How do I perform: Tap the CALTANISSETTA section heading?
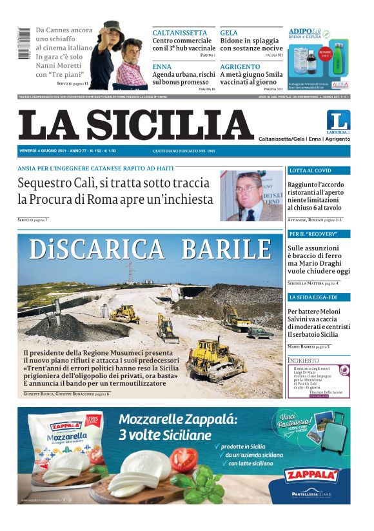coord(180,32)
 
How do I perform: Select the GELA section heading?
coord(229,32)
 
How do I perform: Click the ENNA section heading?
coord(162,66)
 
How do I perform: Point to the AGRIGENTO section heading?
coord(240,66)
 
